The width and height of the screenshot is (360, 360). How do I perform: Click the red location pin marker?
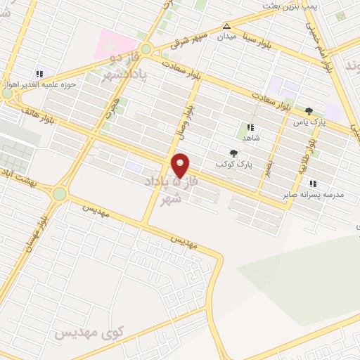(181, 165)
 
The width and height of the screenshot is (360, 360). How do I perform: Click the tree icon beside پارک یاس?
(308, 111)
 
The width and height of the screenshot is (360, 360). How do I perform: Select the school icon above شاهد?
(250, 128)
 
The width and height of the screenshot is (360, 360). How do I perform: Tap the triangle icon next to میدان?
(226, 26)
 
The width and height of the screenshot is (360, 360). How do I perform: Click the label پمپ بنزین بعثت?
(290, 6)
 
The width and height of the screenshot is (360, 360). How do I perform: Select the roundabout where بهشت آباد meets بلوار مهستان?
(59, 193)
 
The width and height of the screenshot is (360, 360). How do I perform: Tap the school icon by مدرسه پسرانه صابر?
(311, 184)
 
